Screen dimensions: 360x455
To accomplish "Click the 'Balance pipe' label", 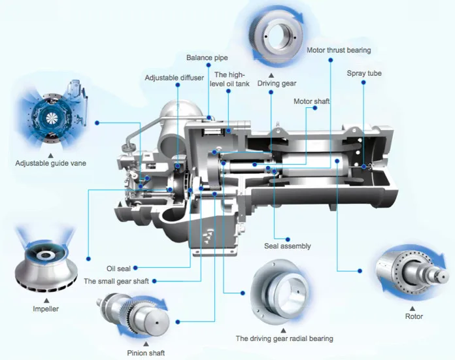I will point(208,57).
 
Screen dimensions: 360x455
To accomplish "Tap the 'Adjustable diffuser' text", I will point(175,78).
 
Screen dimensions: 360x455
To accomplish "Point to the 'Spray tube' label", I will point(364,73).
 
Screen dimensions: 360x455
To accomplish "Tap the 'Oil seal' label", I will point(120,268).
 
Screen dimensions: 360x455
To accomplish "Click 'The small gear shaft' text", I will point(116,282).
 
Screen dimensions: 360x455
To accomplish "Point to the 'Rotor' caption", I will point(414,316).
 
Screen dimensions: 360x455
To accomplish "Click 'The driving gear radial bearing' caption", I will point(284,338).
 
